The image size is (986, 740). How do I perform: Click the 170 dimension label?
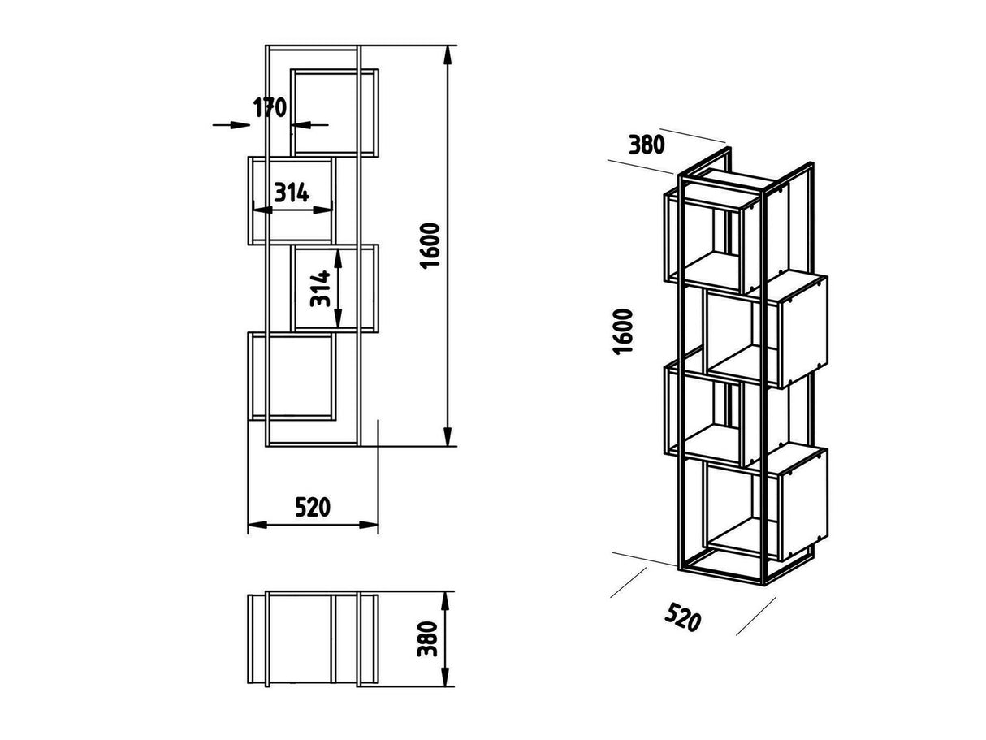(270, 106)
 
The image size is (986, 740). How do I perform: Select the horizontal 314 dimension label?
(291, 193)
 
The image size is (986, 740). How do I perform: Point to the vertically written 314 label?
(321, 288)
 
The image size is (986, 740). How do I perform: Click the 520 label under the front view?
(312, 508)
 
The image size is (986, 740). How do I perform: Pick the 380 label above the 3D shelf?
(647, 145)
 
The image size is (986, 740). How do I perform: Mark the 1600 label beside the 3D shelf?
(623, 331)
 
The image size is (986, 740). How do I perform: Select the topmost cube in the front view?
(335, 112)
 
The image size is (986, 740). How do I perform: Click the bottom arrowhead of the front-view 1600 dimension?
(446, 439)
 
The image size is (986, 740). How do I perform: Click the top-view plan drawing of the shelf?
(314, 638)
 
